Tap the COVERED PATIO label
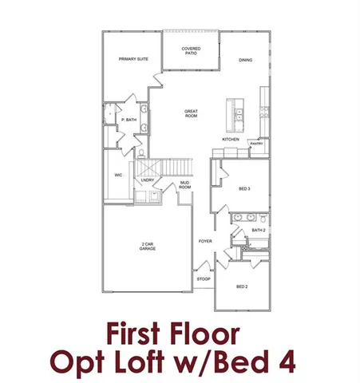(x=190, y=51)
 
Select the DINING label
(x=247, y=61)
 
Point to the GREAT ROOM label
(x=191, y=113)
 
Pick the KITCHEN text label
(x=231, y=140)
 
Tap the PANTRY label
(x=256, y=143)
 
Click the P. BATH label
(x=127, y=120)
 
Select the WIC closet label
(x=118, y=173)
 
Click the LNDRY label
(x=148, y=180)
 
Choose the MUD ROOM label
(x=184, y=185)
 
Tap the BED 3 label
(x=245, y=189)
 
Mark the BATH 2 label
(x=257, y=230)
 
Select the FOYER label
(x=205, y=240)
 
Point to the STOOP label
(x=204, y=279)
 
